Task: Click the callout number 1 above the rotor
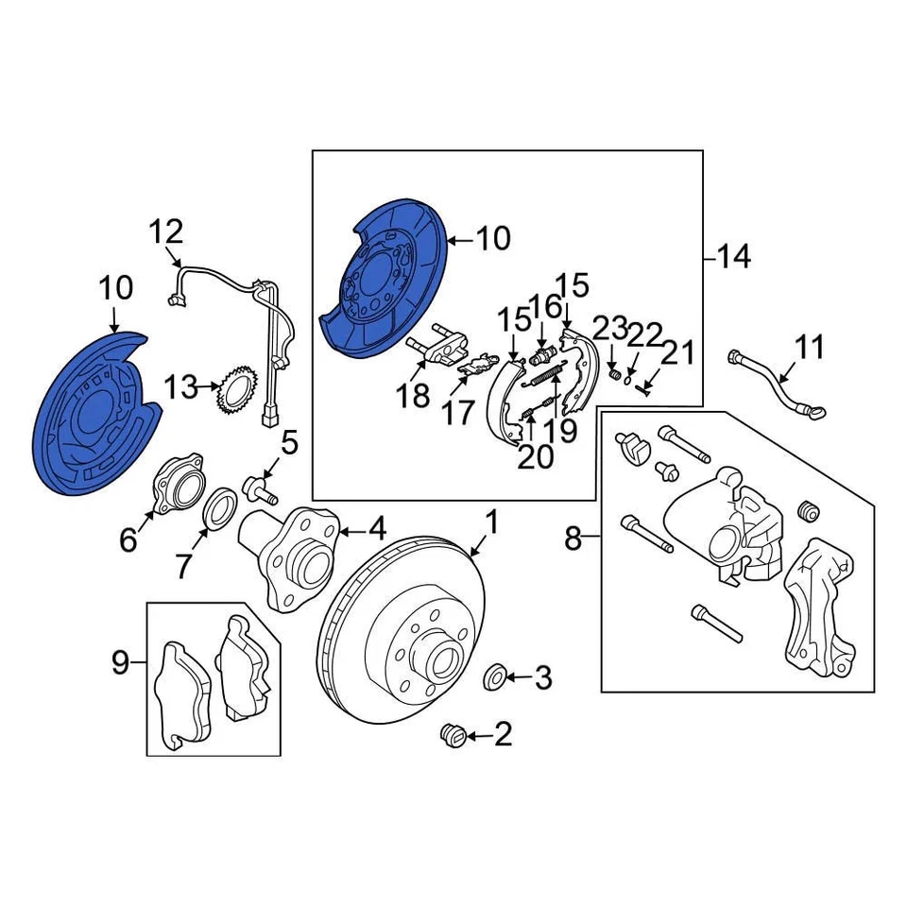pos(490,522)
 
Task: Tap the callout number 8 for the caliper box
pos(573,539)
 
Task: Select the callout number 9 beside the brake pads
pos(120,663)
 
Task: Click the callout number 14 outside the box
pos(733,256)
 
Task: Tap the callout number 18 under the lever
pos(413,396)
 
